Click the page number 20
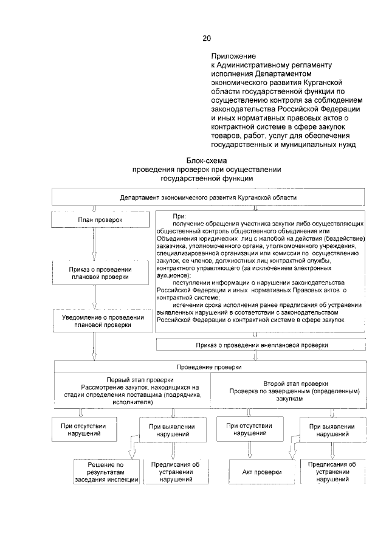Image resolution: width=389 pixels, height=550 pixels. click(x=207, y=39)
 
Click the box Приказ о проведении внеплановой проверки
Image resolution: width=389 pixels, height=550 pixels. click(x=261, y=345)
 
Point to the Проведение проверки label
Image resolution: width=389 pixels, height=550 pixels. click(x=208, y=367)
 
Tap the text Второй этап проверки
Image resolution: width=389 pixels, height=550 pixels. click(x=296, y=384)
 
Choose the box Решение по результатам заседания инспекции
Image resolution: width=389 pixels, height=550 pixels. click(x=107, y=472)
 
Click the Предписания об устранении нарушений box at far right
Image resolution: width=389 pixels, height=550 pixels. click(x=332, y=472)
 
